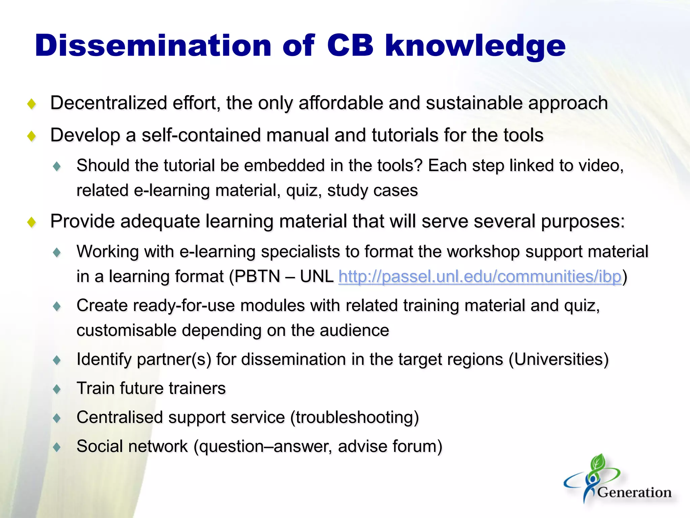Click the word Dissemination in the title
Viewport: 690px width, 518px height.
[153, 46]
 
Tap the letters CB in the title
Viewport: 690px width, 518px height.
[350, 46]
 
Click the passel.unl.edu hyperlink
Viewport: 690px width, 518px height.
[480, 277]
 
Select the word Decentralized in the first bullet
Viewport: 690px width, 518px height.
[108, 103]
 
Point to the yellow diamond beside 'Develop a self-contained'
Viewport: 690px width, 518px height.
[32, 136]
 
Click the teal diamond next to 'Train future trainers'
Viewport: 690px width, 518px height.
[57, 389]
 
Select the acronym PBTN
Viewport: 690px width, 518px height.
[257, 277]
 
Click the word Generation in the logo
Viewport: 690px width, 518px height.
[634, 492]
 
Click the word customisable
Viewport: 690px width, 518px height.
[126, 330]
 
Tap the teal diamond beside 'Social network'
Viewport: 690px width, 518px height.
[57, 447]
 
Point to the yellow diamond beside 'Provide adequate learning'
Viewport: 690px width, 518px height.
[32, 222]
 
